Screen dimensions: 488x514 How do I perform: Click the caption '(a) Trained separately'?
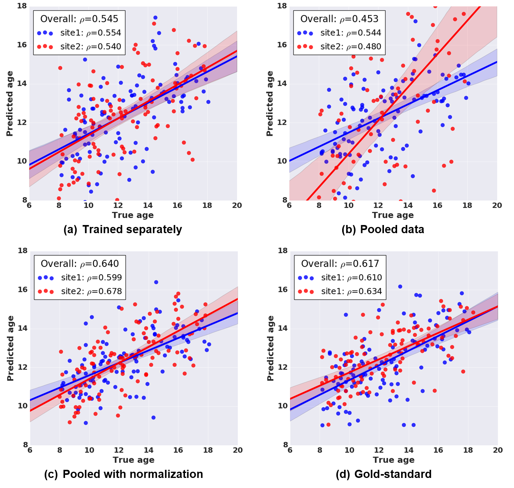point(123,229)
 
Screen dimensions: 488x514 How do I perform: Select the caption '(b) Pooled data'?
point(383,229)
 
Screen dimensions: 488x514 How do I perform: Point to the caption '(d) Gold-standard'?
point(384,474)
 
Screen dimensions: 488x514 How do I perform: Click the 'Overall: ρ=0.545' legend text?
point(79,19)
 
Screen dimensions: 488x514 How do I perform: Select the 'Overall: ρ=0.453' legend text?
point(339,19)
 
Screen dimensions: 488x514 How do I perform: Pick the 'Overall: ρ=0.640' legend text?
point(80,263)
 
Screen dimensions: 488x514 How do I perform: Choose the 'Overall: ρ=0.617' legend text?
point(340,263)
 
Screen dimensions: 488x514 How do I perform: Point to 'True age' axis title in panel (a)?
point(133,215)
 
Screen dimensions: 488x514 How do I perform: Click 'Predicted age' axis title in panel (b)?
point(270,103)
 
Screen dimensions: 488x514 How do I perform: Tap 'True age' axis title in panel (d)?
point(394,460)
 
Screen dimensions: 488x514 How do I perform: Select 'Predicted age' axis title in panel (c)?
point(10,348)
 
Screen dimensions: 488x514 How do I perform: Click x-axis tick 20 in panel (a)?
point(237,205)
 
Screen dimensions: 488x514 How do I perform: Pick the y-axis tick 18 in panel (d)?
point(283,251)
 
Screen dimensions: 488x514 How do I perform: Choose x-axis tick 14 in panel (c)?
point(149,450)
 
